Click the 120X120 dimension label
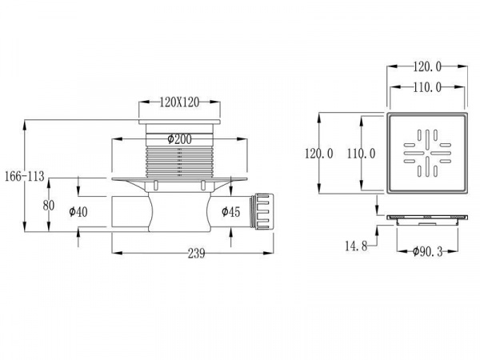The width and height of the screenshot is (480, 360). [x=179, y=102]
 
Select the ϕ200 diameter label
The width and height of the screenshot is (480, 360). [x=179, y=139]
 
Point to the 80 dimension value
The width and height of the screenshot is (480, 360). [x=48, y=205]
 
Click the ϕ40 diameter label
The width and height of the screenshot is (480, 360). [x=78, y=212]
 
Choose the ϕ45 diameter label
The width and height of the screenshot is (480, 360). [x=230, y=212]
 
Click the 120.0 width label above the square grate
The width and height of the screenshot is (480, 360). [x=426, y=70]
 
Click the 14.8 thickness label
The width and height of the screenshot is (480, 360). [x=356, y=247]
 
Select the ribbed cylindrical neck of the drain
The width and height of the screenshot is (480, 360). [x=178, y=159]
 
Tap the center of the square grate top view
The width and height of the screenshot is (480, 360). [x=426, y=152]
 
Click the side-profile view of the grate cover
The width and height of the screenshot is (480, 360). [x=426, y=218]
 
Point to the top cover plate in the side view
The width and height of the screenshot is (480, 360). [x=178, y=123]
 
